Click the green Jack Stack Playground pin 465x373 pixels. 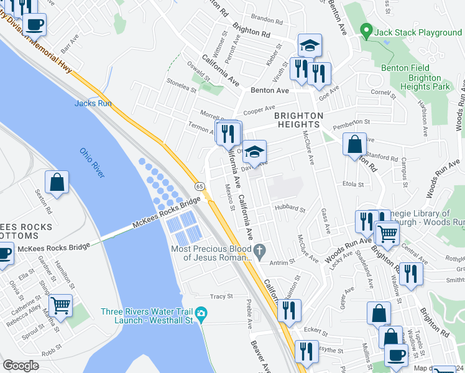point(367,31)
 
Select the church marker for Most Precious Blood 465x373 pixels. point(260,252)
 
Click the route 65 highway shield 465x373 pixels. point(200,186)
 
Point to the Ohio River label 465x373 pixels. point(92,161)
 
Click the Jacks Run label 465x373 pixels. point(93,103)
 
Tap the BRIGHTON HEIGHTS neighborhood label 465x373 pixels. point(299,120)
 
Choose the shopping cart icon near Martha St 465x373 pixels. point(60,305)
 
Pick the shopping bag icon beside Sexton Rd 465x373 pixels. point(57,183)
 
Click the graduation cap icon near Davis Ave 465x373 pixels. point(254,152)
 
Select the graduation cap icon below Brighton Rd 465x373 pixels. point(309,45)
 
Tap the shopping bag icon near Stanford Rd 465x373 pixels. point(354,144)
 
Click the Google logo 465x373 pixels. point(21,365)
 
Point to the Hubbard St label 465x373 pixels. point(289,210)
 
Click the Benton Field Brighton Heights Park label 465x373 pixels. point(425,78)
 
